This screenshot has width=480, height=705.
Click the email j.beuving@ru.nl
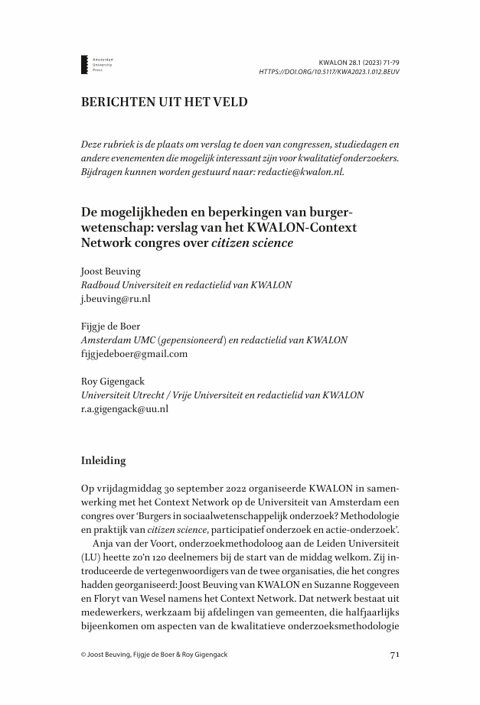(x=116, y=299)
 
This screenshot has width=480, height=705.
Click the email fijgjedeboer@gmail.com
(x=134, y=353)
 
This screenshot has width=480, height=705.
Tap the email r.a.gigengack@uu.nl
(x=125, y=408)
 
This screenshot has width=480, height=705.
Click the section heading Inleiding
(x=106, y=461)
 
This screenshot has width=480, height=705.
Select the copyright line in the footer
(x=154, y=655)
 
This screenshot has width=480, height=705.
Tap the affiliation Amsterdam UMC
(x=115, y=340)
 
